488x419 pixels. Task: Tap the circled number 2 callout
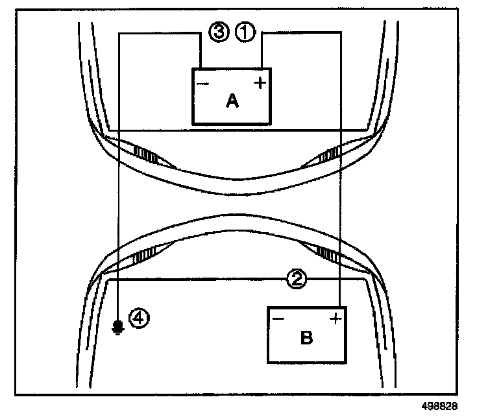click(296, 280)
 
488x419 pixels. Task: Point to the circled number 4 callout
click(139, 318)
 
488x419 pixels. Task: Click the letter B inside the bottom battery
click(307, 337)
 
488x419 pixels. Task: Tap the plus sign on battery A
click(260, 83)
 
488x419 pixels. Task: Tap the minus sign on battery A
click(202, 84)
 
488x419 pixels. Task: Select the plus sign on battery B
click(335, 318)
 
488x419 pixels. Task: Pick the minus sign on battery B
click(278, 319)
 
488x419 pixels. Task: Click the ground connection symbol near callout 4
click(117, 326)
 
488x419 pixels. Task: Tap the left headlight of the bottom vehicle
click(141, 256)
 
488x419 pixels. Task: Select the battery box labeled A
click(231, 96)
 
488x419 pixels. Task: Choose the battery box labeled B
click(307, 334)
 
